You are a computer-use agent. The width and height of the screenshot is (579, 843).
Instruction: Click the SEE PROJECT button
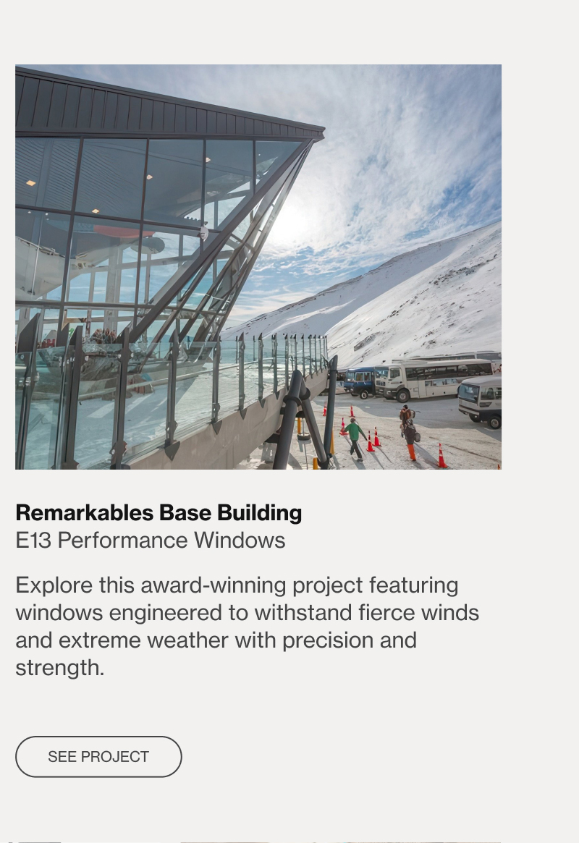98,756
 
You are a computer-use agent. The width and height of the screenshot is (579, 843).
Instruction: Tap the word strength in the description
59,669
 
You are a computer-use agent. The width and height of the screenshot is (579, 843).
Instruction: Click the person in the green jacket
354,439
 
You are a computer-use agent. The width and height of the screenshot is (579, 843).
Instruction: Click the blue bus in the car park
360,382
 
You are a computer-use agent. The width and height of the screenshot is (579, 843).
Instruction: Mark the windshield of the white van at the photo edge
469,394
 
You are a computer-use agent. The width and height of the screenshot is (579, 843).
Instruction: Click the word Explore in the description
54,585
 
